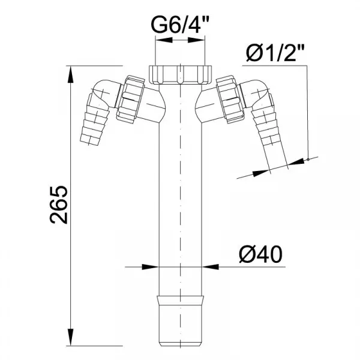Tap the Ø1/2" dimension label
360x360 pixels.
coord(275,53)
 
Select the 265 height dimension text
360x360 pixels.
coord(59,205)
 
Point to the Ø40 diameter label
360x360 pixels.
coord(260,254)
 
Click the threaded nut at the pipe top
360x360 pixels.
coord(180,74)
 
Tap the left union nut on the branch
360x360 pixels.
coord(131,100)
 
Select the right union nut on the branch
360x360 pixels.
coord(230,99)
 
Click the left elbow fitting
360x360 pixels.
coord(104,94)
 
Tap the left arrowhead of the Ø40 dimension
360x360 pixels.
coord(150,267)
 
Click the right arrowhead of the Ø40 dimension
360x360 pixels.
coord(211,267)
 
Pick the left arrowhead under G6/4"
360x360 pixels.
coord(164,40)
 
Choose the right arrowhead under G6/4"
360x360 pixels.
coord(196,40)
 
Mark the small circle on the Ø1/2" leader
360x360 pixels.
coord(308,159)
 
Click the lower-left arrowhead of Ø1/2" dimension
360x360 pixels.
coord(261,173)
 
